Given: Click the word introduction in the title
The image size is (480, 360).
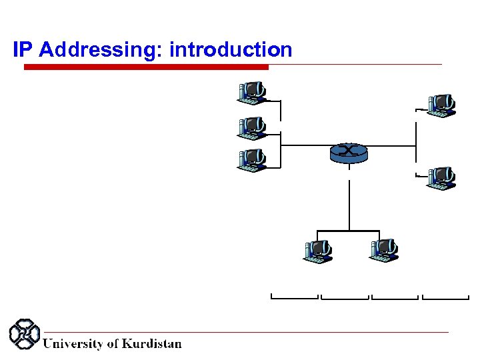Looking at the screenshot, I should [x=231, y=50].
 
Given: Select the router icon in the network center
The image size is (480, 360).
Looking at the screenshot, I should [x=348, y=152].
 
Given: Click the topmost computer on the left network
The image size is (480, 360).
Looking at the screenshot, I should [x=252, y=93].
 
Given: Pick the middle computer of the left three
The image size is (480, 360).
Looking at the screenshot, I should [x=252, y=127].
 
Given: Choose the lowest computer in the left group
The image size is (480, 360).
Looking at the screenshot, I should [x=252, y=161].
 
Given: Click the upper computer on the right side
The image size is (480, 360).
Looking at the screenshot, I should [x=441, y=105].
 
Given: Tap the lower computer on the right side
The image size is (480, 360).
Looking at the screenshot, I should [x=441, y=177].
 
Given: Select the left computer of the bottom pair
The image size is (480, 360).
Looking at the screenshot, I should [x=318, y=251].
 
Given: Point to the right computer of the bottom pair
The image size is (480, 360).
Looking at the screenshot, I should [x=383, y=250].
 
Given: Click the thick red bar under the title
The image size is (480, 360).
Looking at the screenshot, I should [x=146, y=67].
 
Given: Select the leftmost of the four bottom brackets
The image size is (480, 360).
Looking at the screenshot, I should [x=295, y=297].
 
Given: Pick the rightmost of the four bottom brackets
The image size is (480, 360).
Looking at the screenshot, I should [x=445, y=297].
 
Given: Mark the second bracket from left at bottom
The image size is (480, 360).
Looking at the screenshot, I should [x=345, y=297].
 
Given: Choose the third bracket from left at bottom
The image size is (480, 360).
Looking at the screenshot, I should [x=395, y=297].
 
